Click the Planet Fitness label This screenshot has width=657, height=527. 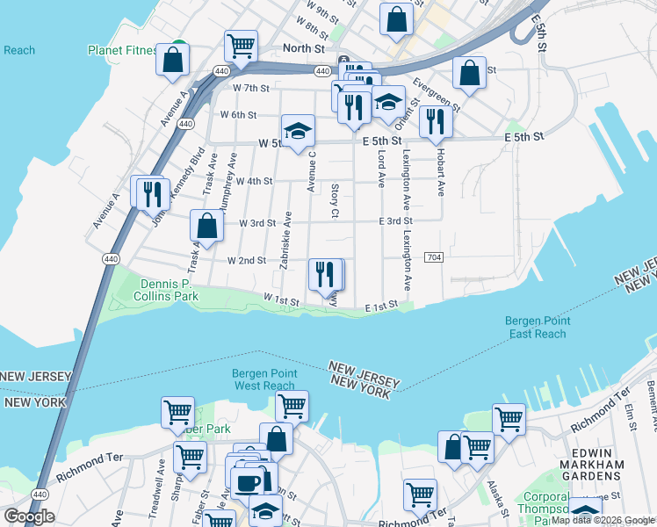pos(122,50)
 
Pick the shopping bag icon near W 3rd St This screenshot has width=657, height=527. pos(206,226)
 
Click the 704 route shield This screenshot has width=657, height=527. pos(433,256)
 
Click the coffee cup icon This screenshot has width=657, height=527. pos(246,482)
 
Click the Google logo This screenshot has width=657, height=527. pos(29,516)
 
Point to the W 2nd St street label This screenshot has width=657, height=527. pos(246,261)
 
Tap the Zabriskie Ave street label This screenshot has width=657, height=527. pos(285,240)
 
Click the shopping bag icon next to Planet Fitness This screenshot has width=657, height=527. pos(173,59)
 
